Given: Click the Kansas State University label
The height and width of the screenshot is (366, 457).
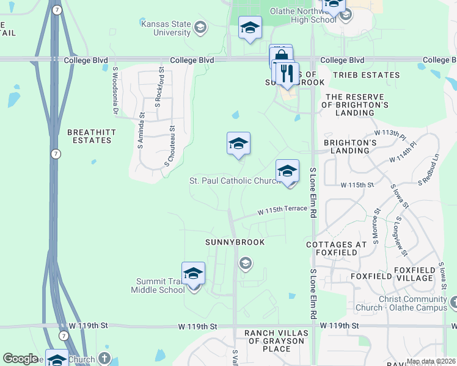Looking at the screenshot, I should [165, 27].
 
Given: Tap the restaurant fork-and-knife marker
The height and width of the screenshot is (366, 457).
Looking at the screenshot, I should [285, 74].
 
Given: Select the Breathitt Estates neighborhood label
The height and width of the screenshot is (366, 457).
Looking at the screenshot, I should [89, 136].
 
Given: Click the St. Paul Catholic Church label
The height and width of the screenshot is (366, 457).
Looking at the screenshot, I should [234, 181].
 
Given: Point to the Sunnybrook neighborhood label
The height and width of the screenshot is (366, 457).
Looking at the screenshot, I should [235, 242].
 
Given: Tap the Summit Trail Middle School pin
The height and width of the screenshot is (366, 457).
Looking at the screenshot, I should [193, 275].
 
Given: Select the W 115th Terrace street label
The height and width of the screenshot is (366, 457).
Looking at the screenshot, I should [282, 210].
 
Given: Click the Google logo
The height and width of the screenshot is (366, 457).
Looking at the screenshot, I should [21, 359].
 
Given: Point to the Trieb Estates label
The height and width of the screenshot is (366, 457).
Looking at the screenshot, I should [367, 75].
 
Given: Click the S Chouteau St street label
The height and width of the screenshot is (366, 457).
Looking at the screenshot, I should [169, 147].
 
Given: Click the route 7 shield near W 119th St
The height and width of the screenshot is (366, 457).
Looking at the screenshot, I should [64, 335].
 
